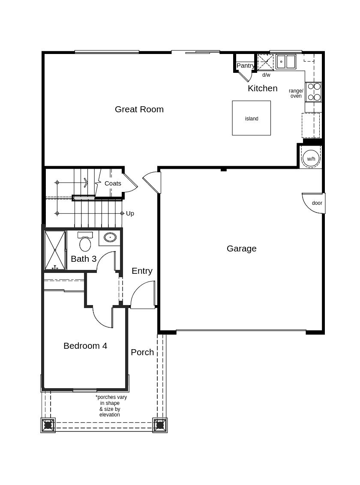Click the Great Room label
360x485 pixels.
139,109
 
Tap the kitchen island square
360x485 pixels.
252,118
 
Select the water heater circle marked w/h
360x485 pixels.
311,159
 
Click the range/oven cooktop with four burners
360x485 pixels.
314,92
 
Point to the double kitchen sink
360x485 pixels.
286,62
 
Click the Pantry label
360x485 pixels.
246,66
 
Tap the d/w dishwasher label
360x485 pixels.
266,75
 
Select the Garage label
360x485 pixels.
242,248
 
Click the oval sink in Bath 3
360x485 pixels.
110,237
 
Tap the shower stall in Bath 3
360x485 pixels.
55,250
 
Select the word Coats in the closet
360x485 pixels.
113,183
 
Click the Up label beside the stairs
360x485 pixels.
130,213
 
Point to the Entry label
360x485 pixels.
142,271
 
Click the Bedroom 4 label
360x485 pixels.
85,345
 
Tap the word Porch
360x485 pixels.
142,352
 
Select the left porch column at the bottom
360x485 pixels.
48,425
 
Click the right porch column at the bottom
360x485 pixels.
160,425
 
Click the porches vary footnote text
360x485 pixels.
111,406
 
